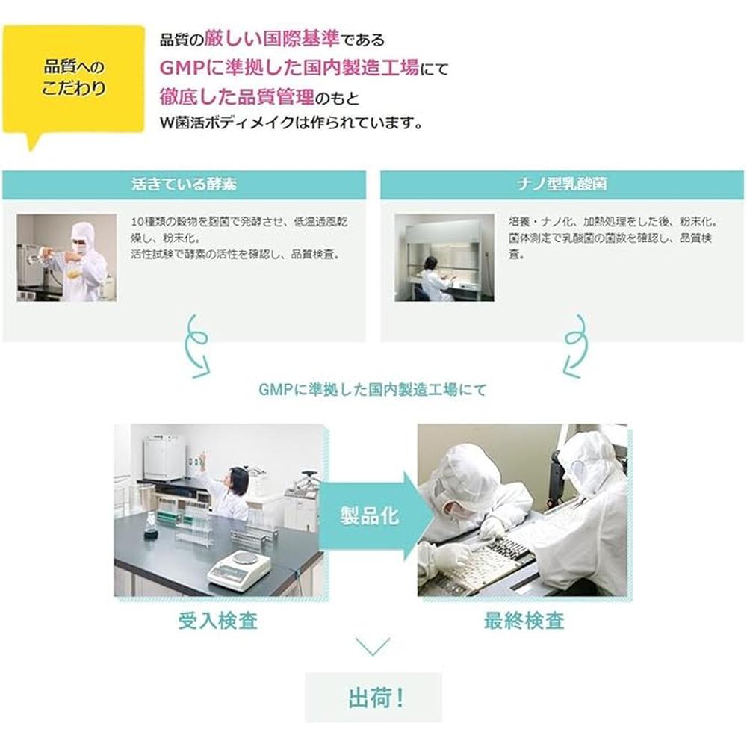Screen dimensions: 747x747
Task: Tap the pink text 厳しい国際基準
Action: pos(272,39)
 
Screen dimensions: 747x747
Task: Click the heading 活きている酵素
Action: pos(184,184)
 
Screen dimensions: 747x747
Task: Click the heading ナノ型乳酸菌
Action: pos(562,184)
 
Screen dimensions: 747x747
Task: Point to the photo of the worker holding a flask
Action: pos(66,258)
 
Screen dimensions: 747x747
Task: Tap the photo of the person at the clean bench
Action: pos(444,258)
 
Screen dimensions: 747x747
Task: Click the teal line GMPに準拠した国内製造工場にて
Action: pos(373,390)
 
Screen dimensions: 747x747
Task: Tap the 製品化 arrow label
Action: pos(370,516)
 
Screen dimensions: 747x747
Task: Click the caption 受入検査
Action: pos(218,621)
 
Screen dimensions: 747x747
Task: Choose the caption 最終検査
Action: pos(524,621)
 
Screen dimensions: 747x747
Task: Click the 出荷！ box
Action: pos(373,698)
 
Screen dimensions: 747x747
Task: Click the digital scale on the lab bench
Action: pos(239,568)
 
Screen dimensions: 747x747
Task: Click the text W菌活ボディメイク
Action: pos(227,123)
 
